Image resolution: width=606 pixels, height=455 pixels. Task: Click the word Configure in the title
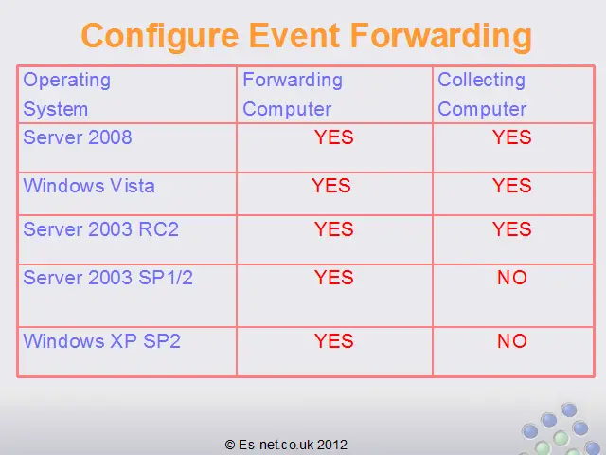[x=160, y=37]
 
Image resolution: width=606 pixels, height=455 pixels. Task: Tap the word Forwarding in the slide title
[x=441, y=37]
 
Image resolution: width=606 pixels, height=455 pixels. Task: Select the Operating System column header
[x=67, y=94]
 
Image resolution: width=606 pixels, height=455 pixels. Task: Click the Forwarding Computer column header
[x=293, y=94]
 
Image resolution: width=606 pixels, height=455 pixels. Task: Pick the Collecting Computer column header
[x=482, y=94]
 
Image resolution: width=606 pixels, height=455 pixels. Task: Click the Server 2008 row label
[x=78, y=137]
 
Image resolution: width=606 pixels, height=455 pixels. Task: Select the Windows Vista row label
[x=89, y=186]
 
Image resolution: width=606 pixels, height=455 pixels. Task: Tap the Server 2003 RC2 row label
[x=101, y=229]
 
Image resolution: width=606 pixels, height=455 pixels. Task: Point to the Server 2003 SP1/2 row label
[x=108, y=278]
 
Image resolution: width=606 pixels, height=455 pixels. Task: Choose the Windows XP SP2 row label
[x=101, y=341]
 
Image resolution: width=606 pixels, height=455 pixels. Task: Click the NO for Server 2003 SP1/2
[x=511, y=278]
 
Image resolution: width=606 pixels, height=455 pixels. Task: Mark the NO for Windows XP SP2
[x=511, y=341]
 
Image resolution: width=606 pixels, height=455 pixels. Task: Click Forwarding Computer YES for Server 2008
[x=334, y=137]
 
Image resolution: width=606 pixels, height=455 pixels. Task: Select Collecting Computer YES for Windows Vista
[x=511, y=186]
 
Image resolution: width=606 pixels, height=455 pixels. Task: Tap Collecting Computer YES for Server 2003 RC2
[x=511, y=229]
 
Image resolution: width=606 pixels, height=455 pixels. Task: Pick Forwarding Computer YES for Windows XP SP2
[x=334, y=341]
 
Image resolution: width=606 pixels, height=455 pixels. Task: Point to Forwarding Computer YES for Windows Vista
[x=331, y=186]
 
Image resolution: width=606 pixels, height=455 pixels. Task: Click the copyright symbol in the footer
[x=230, y=445]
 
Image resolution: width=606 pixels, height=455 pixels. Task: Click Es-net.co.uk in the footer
[x=276, y=445]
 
